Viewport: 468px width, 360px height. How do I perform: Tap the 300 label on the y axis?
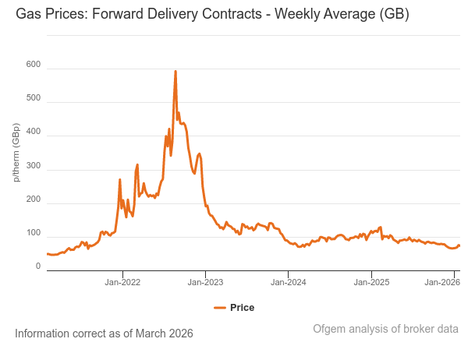32,166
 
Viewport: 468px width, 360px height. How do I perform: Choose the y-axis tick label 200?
32,199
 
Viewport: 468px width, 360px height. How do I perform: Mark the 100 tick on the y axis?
32,233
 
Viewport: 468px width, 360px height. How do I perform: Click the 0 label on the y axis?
37,266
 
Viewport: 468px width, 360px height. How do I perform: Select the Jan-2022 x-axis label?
122,282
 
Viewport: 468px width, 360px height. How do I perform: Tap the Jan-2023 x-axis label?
205,282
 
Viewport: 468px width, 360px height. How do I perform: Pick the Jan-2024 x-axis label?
288,282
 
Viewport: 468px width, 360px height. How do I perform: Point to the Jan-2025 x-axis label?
371,282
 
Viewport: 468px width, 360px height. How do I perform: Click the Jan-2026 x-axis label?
441,282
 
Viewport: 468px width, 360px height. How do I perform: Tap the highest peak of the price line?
175,71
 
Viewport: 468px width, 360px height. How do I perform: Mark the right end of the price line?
459,245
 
